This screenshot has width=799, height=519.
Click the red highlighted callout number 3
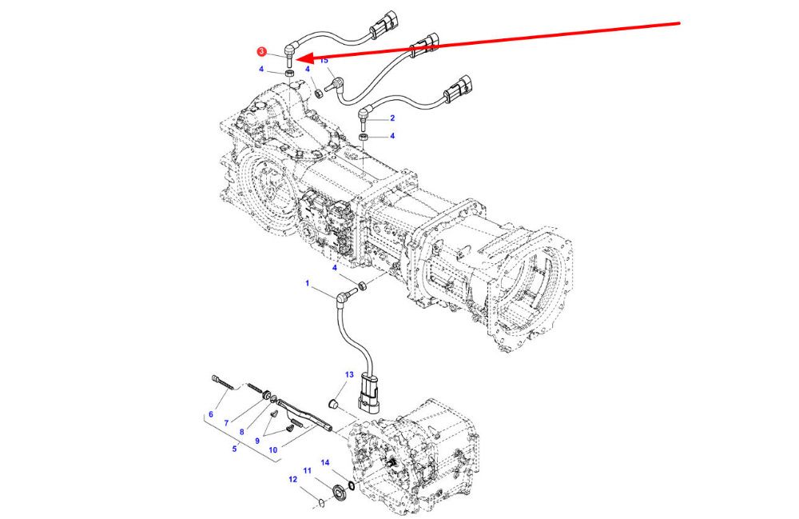[261, 52]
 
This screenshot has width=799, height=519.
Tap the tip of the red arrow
[297, 58]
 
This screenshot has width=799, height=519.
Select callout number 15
[324, 61]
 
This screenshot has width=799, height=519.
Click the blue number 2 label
[392, 118]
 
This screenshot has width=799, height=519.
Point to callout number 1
[306, 283]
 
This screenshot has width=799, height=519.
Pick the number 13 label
[349, 374]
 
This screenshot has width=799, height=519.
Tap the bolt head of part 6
[217, 378]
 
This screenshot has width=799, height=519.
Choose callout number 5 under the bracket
[234, 449]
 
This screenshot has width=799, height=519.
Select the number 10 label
[273, 450]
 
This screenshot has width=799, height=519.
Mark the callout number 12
[292, 480]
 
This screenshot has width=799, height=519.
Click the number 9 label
[257, 440]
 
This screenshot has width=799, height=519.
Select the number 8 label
[241, 431]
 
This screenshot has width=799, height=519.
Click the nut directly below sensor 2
[364, 138]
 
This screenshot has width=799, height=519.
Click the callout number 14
[325, 462]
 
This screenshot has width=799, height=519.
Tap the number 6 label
[211, 414]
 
